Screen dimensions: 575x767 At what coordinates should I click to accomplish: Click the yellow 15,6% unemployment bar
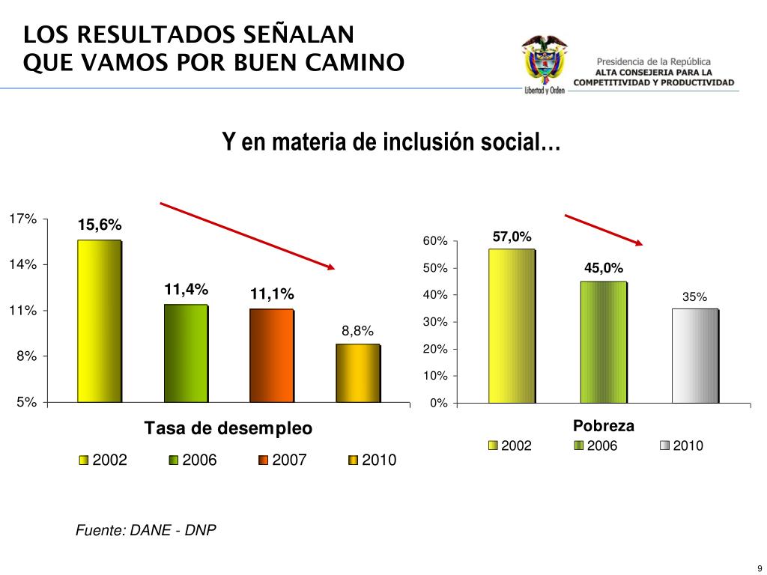point(99,321)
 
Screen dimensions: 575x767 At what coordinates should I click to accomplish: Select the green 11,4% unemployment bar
point(186,353)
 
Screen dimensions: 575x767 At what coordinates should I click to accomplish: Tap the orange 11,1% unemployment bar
point(271,356)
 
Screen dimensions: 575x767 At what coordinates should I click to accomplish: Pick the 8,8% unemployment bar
point(357,373)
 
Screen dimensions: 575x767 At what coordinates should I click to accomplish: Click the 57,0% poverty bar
point(512,326)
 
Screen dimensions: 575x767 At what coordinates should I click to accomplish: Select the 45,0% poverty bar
point(604,342)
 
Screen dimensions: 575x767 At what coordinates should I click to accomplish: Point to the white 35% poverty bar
point(695,356)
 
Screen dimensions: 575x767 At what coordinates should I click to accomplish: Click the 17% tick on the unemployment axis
point(22,219)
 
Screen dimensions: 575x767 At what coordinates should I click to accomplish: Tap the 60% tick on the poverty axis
point(435,241)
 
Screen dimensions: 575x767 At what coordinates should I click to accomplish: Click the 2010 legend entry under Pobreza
point(682,446)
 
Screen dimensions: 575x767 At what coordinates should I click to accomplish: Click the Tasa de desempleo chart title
point(228,428)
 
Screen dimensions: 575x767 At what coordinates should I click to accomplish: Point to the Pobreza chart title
point(604,426)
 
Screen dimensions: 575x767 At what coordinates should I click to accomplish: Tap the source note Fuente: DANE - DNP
point(146,530)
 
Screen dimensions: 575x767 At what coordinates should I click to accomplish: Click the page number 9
point(759,565)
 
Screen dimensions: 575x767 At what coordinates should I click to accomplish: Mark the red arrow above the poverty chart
point(604,229)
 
